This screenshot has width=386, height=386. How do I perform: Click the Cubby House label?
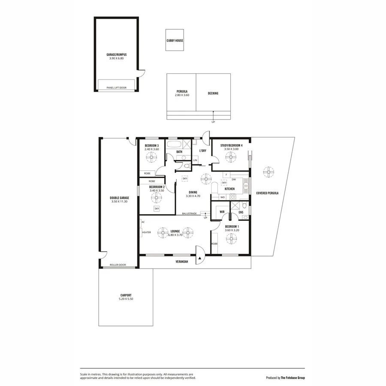coord(175,41)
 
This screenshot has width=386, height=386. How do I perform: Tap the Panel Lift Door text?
coord(117,88)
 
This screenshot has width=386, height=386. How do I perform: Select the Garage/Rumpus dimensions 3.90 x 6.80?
coord(117,58)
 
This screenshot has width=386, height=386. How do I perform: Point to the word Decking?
coord(213,93)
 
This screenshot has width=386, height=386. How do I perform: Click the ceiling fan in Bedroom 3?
coord(151,158)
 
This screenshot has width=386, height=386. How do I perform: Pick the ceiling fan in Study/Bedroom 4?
coord(232,158)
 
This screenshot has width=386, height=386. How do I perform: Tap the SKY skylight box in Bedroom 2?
coord(157,208)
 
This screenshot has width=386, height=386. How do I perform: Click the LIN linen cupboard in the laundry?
coord(195,160)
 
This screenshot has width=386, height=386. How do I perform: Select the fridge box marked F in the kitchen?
coord(226,175)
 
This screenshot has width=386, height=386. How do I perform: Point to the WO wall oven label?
coord(222,197)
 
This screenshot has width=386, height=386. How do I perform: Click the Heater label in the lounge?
coord(146,232)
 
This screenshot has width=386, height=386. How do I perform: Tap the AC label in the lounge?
coord(143,222)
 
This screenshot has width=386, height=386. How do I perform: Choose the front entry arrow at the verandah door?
coord(199,258)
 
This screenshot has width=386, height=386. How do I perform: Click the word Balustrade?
coord(189,213)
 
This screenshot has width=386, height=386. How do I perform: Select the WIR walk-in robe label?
coord(223,212)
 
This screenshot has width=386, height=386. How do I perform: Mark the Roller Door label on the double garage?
coord(118,265)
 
